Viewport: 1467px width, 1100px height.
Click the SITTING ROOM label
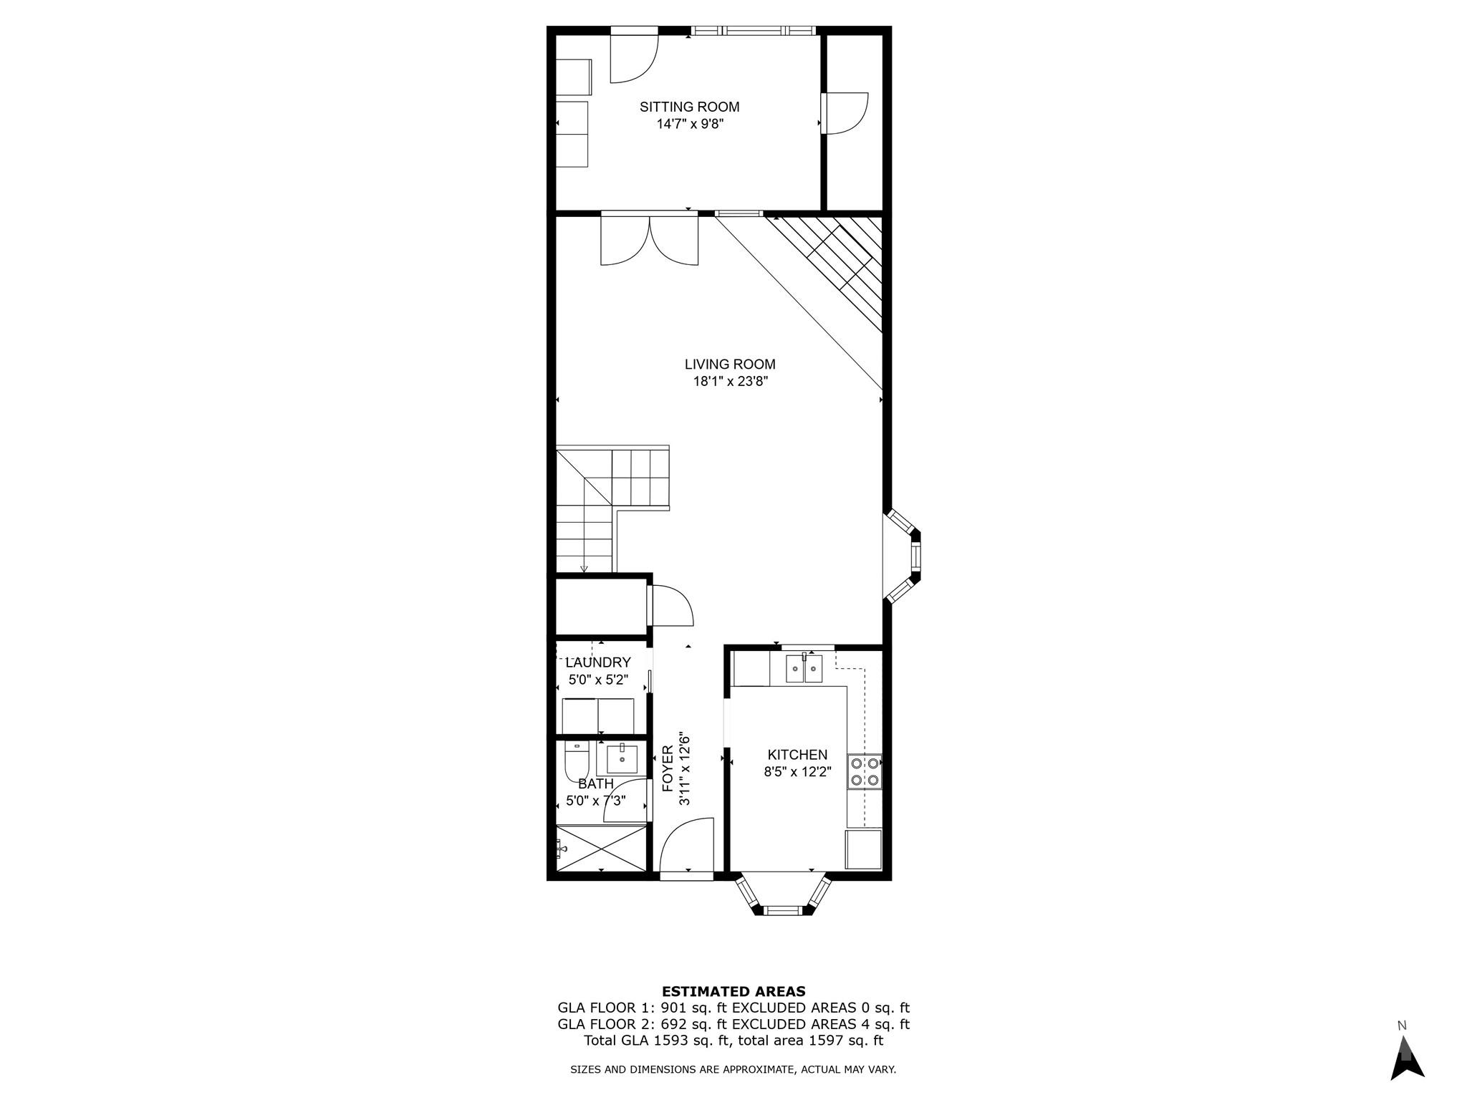click(x=689, y=107)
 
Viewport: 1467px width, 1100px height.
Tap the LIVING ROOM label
click(x=729, y=365)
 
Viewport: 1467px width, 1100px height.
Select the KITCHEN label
click(x=797, y=755)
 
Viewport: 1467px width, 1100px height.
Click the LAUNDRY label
click(x=598, y=662)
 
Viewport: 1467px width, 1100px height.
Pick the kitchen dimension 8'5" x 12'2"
click(x=797, y=772)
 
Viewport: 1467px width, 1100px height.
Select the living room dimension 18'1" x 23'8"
click(x=730, y=382)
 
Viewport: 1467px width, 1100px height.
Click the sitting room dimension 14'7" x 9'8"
click(x=690, y=124)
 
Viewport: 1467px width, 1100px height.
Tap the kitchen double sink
click(x=804, y=668)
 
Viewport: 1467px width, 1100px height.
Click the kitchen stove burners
click(x=865, y=772)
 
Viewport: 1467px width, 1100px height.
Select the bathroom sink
click(x=622, y=759)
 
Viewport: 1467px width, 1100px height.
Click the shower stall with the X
click(x=601, y=848)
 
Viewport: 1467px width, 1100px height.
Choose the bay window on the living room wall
click(x=905, y=556)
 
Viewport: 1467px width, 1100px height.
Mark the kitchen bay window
click(x=782, y=895)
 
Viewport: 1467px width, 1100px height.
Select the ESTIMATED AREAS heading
click(x=733, y=991)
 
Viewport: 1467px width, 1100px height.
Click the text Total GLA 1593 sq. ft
click(x=656, y=1041)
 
